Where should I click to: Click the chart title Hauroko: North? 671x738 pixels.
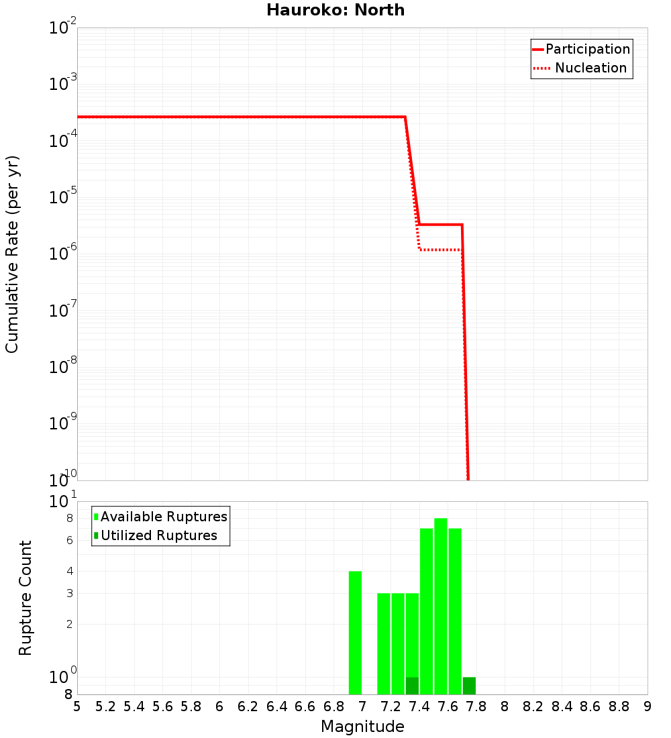[x=335, y=10]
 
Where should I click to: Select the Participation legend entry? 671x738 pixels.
[x=587, y=49]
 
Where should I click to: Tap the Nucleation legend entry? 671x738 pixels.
[x=590, y=68]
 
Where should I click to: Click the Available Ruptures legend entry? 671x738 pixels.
[x=164, y=517]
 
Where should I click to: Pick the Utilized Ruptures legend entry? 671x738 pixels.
[x=158, y=535]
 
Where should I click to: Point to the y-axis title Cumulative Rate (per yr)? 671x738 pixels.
[x=12, y=254]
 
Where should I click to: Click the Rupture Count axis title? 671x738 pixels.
[x=25, y=598]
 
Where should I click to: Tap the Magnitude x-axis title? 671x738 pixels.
[x=362, y=727]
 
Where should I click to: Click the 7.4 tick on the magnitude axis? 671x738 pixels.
[x=419, y=706]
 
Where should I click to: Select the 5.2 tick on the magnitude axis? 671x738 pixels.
[x=105, y=706]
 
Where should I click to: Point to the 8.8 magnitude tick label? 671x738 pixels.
[x=619, y=706]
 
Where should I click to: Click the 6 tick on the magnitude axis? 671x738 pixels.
[x=219, y=706]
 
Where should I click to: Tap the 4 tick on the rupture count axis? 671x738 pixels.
[x=69, y=571]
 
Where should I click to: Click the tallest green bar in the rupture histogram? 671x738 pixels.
[x=440, y=604]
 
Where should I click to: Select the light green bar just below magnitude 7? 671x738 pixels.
[x=355, y=631]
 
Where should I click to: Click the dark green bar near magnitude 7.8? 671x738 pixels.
[x=469, y=686]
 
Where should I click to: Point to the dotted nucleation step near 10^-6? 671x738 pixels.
[x=440, y=250]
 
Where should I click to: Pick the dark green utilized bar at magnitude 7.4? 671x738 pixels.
[x=412, y=686]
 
